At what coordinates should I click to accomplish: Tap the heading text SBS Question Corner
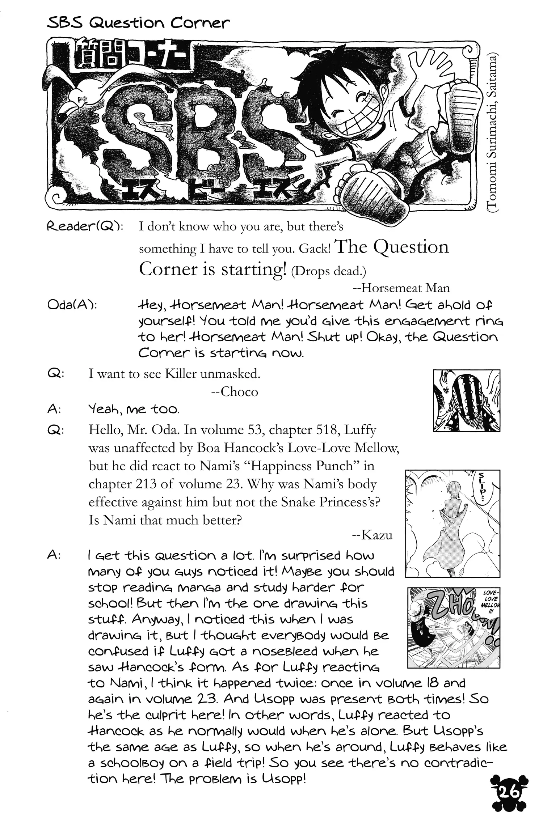pyautogui.click(x=138, y=23)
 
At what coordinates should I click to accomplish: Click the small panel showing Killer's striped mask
pyautogui.click(x=466, y=400)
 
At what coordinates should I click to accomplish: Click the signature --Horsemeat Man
pyautogui.click(x=401, y=288)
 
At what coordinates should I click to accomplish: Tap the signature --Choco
pyautogui.click(x=234, y=392)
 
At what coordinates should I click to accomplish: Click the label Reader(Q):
pyautogui.click(x=85, y=227)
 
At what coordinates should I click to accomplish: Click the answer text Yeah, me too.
pyautogui.click(x=134, y=410)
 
